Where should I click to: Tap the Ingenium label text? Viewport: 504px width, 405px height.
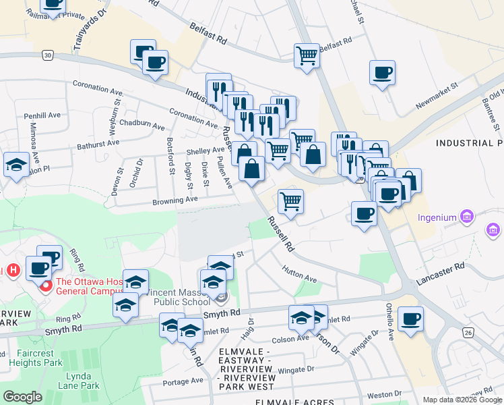pos(437,217)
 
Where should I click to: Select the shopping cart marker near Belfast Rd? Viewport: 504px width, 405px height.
pos(307,55)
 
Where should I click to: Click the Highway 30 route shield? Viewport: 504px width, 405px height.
pos(46,54)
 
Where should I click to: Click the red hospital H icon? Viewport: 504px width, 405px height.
pos(12,271)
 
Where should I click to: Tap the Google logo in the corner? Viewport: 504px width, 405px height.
pos(22,397)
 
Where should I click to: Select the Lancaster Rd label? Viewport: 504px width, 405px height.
pos(441,272)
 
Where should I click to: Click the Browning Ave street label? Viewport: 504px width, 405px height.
pos(175,200)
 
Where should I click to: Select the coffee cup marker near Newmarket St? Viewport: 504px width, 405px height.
pos(382,73)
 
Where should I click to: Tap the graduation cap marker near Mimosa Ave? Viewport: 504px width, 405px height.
pos(16,164)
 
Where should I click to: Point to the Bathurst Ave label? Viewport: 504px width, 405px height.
pos(98,142)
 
